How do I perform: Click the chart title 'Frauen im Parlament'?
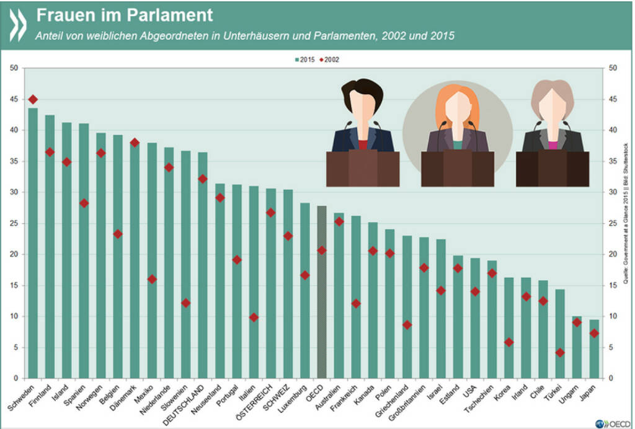(125, 14)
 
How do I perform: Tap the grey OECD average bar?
(322, 291)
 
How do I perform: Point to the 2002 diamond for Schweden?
(33, 99)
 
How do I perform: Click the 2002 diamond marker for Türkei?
(560, 352)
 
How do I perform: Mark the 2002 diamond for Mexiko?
(152, 279)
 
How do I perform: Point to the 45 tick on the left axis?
(14, 99)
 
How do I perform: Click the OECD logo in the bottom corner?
(610, 422)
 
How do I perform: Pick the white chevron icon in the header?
(18, 23)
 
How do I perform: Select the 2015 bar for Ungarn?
(577, 347)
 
